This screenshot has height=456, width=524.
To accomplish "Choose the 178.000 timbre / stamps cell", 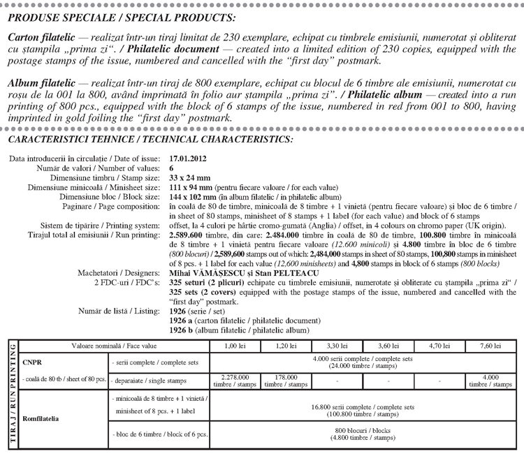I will click(286, 381).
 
